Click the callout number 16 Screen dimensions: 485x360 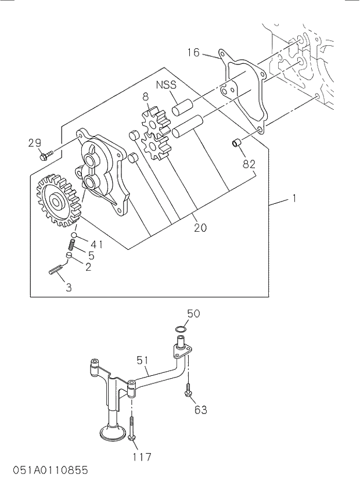pyautogui.click(x=193, y=53)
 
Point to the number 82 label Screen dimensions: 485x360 pyautogui.click(x=249, y=164)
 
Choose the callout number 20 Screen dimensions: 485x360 pyautogui.click(x=200, y=228)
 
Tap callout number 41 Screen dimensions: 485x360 pyautogui.click(x=96, y=244)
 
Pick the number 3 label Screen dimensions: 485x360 pyautogui.click(x=69, y=287)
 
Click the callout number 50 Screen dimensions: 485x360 pyautogui.click(x=193, y=314)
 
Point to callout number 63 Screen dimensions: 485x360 pyautogui.click(x=200, y=410)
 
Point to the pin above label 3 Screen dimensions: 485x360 pyautogui.click(x=57, y=271)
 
